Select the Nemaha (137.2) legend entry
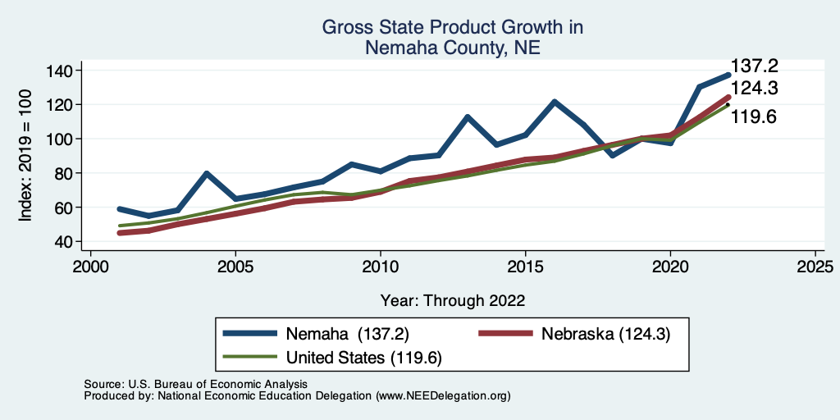[347, 334]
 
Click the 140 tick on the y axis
[59, 71]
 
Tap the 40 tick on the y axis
[63, 242]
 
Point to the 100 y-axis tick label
[59, 139]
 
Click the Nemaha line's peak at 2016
[555, 102]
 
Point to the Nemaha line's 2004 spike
[207, 173]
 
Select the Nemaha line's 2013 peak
[468, 116]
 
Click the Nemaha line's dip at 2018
[612, 155]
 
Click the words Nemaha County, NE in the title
[453, 48]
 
